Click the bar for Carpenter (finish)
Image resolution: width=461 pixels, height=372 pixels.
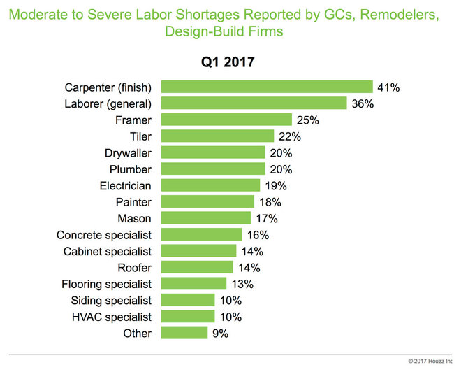point(266,87)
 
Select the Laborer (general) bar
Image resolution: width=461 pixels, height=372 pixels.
point(254,103)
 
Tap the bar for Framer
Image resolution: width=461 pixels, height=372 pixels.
point(226,120)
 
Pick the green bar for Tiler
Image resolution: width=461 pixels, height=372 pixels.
point(217,136)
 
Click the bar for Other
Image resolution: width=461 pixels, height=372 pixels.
point(184,333)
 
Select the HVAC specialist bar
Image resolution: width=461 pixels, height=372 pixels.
point(188,317)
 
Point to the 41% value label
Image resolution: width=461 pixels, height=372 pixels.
point(388,87)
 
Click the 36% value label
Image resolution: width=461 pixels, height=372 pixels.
point(363,103)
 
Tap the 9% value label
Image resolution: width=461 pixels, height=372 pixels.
point(221,334)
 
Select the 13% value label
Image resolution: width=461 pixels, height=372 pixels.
point(242,284)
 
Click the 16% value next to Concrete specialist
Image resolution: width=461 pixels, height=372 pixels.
point(257,235)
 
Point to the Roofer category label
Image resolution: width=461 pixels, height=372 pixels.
point(134,267)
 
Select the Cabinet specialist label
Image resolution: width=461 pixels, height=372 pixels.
point(112,251)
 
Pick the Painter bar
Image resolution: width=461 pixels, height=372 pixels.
point(207,201)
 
